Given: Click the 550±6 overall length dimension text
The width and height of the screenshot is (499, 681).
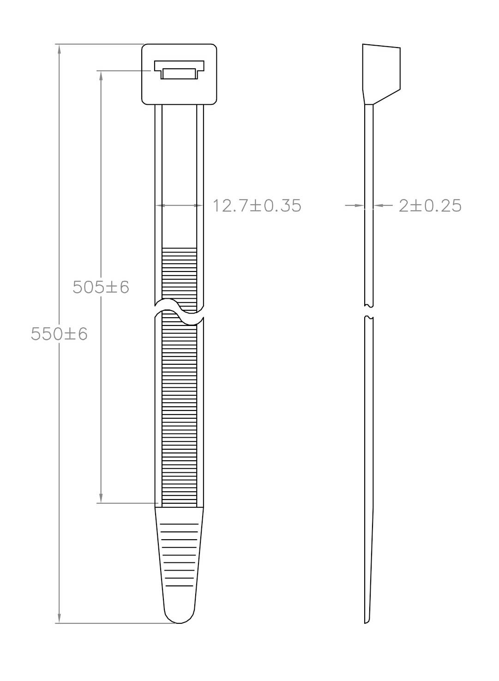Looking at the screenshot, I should [x=59, y=334].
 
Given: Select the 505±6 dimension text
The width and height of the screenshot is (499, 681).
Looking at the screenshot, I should [x=101, y=287].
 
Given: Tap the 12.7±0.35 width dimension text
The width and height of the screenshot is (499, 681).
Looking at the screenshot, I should [x=257, y=205].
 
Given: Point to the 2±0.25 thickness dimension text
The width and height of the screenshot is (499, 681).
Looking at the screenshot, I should [x=430, y=205].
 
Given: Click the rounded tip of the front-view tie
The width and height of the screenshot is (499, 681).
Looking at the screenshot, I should [x=179, y=616].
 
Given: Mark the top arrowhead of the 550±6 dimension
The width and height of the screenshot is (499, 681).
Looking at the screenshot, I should [x=59, y=48].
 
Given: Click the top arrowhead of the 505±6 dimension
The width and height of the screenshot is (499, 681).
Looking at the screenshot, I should [x=101, y=75].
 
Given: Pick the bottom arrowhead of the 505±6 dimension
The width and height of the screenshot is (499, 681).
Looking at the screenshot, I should [x=101, y=499].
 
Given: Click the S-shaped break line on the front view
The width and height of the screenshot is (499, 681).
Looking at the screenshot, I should [x=179, y=312].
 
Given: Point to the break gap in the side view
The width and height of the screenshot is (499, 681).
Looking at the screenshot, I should [x=369, y=311].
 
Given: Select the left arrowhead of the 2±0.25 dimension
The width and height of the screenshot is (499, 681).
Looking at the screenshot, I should [x=361, y=205].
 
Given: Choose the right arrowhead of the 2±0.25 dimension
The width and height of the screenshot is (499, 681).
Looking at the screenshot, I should [x=377, y=205].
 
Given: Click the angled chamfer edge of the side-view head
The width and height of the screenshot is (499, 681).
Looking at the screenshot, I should [x=386, y=96].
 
